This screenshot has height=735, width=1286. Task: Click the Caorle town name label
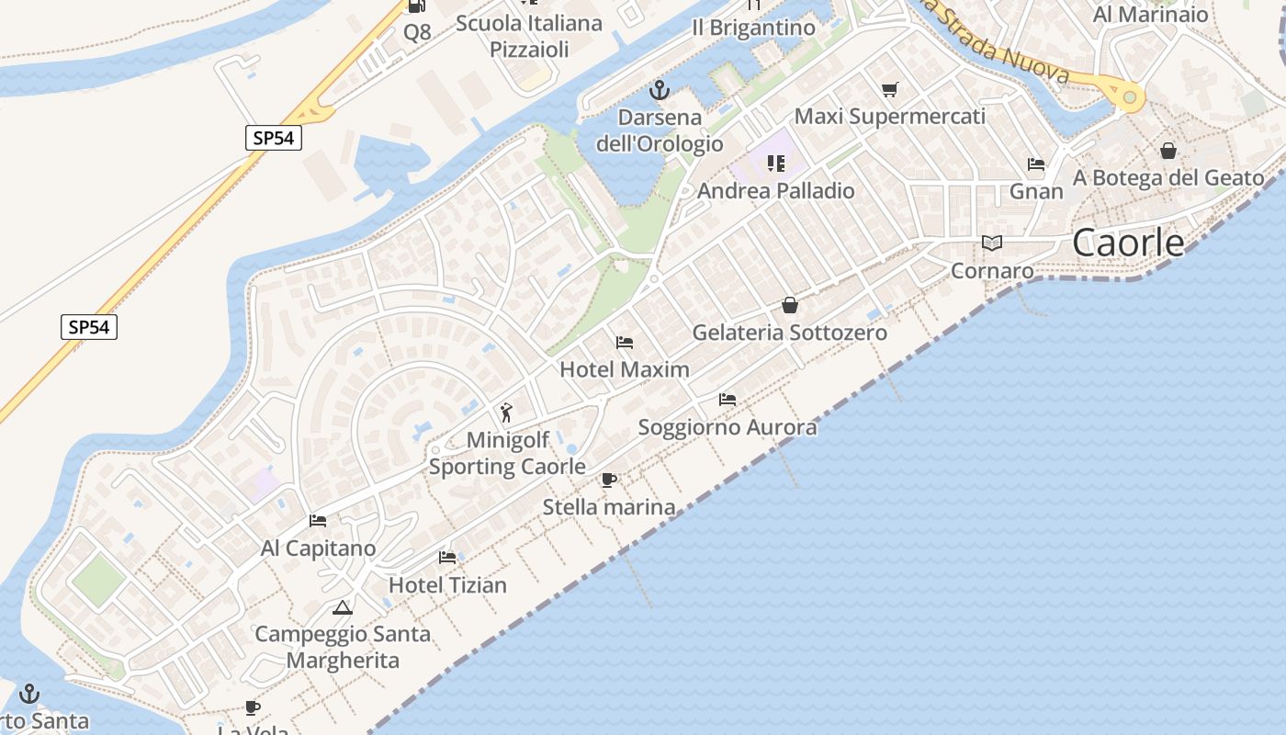tap(1129, 243)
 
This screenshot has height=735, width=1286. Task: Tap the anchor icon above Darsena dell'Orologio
tap(659, 90)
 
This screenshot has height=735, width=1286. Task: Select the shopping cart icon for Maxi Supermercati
tap(889, 89)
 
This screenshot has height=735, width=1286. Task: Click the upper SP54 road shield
tap(274, 138)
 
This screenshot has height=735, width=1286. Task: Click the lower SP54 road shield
tap(89, 326)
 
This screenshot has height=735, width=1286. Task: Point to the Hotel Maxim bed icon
tap(625, 343)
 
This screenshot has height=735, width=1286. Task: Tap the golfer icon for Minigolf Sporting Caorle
tap(506, 413)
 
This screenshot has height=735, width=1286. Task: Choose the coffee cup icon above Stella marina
tap(608, 480)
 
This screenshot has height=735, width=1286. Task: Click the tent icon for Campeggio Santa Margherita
tap(343, 607)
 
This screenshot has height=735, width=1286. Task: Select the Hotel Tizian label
tap(447, 585)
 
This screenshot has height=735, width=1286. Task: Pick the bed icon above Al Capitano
tap(318, 521)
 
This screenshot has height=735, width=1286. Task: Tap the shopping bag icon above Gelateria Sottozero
tap(790, 305)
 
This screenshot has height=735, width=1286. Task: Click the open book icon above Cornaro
tap(991, 243)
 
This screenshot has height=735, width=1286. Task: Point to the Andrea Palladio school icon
tap(776, 164)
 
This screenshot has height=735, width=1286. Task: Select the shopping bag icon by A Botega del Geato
tap(1168, 150)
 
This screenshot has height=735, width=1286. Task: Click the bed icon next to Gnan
tap(1036, 164)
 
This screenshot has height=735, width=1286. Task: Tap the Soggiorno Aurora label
tap(727, 427)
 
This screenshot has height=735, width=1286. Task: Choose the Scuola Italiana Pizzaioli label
tap(529, 36)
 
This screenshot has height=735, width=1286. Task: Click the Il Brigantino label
tap(753, 28)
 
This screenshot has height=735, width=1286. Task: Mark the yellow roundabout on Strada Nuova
tap(1129, 96)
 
